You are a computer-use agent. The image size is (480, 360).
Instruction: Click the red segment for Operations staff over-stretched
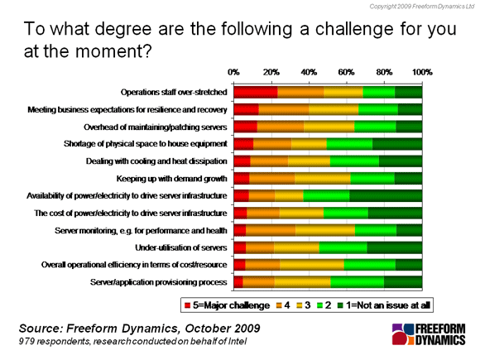click(x=256, y=92)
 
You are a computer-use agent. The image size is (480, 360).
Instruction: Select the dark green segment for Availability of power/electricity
click(x=386, y=195)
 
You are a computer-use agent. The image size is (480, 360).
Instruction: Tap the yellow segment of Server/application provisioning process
click(x=302, y=282)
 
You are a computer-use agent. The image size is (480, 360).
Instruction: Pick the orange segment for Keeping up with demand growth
click(x=271, y=179)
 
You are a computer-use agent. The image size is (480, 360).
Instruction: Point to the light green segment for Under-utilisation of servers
click(x=343, y=247)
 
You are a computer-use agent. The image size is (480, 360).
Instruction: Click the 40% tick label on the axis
click(x=309, y=72)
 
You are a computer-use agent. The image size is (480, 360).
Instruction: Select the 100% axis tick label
click(x=422, y=72)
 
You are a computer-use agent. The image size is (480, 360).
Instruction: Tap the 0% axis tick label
click(x=233, y=72)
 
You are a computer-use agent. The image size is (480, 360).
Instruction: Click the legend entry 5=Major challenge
click(x=227, y=305)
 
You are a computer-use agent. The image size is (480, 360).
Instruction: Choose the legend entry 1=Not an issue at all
click(x=384, y=305)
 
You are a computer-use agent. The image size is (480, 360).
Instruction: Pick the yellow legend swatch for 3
click(x=299, y=305)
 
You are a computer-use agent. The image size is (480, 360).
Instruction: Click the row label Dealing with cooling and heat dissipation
click(x=156, y=161)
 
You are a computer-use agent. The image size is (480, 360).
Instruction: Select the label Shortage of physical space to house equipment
click(x=146, y=143)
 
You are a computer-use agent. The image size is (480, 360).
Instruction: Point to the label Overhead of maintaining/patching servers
click(x=156, y=127)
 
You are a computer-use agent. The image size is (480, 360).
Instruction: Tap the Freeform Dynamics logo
click(x=429, y=334)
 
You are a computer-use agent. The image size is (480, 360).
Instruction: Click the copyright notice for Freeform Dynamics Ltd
click(x=422, y=7)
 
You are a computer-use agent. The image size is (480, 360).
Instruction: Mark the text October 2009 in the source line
click(x=223, y=329)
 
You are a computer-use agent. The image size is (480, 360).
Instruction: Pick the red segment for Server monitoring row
click(x=240, y=230)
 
